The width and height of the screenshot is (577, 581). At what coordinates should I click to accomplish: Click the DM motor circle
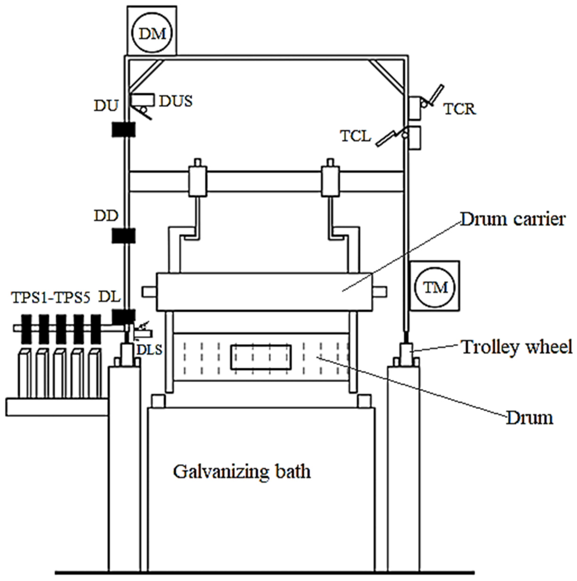(x=152, y=34)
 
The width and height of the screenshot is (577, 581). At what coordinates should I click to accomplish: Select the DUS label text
(x=175, y=101)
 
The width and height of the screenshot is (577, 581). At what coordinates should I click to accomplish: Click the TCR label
(x=460, y=109)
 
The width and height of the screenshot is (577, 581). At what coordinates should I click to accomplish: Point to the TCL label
(x=355, y=136)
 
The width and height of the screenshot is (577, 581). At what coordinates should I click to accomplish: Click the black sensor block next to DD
(x=123, y=236)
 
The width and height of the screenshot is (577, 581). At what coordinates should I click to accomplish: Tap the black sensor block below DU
(x=123, y=130)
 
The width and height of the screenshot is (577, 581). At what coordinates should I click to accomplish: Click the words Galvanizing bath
(x=241, y=472)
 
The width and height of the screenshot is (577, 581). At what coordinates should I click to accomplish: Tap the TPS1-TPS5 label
(x=51, y=297)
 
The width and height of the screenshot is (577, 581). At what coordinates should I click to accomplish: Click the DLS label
(x=150, y=350)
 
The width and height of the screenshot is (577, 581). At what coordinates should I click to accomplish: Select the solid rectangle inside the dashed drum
(x=261, y=357)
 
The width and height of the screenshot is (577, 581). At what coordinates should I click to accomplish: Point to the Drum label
(x=529, y=418)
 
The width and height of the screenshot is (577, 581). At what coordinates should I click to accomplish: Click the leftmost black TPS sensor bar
(x=26, y=329)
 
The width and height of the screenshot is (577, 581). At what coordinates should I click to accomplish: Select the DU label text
(x=106, y=106)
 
